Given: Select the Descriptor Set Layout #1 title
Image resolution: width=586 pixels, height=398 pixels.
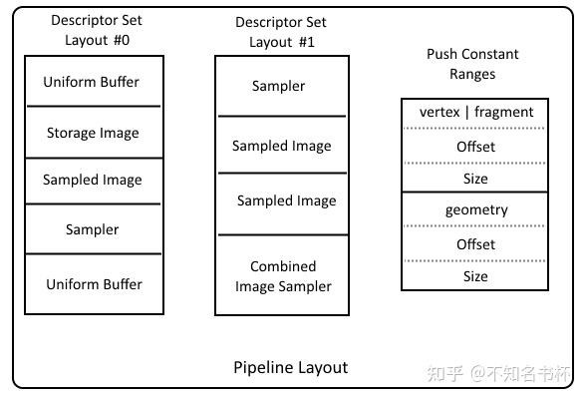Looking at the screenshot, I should pos(282,32).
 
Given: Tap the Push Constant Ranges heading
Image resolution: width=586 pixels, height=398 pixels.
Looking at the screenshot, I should pos(472,64).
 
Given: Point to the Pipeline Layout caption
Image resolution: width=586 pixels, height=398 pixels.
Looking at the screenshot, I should pos(290,367).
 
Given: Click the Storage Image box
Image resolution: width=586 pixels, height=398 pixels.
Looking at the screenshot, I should pos(93,133).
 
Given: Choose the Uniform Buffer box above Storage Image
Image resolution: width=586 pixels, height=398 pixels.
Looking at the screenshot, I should pos(93,82).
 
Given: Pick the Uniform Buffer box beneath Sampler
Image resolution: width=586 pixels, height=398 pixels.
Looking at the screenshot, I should pos(94,284).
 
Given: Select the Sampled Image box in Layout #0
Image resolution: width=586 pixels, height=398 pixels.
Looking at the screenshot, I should pos(93,181).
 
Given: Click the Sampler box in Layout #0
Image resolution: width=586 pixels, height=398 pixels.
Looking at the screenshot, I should pos(93,229).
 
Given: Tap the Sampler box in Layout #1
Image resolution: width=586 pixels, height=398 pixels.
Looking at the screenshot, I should pos(280,86).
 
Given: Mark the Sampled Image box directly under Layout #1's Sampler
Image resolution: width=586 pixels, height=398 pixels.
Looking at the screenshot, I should pos(282,146).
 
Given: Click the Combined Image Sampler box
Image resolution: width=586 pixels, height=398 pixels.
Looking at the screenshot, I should pos(282,276).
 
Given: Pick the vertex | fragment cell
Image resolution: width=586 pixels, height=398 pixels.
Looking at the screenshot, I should pos(475,113).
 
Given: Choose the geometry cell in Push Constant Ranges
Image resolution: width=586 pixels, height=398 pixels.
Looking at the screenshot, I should pos(475,210).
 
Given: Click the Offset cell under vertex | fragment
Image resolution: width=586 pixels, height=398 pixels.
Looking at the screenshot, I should pos(475,147).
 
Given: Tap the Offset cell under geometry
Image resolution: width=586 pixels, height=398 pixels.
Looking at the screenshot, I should pos(475,244).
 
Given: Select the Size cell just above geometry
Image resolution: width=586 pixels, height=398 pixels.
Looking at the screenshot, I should pos(475,179).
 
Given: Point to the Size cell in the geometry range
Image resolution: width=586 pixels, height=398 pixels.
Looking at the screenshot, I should pos(475,276).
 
